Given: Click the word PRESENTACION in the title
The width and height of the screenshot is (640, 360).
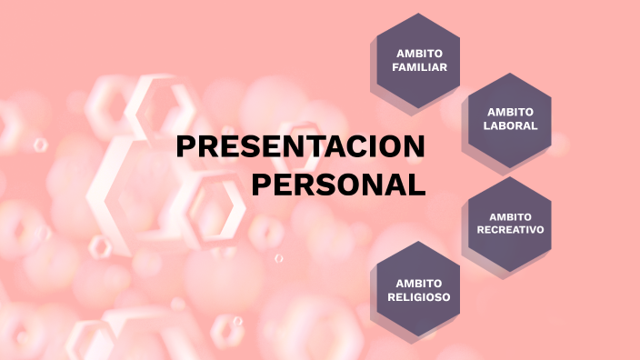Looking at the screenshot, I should pos(300,148).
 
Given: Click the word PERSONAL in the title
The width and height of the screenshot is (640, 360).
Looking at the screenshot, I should pos(338,185).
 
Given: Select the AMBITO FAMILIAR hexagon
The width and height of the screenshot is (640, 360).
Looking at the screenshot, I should pos(419,61).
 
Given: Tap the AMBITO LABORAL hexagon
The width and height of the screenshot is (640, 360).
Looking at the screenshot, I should pos(511,119).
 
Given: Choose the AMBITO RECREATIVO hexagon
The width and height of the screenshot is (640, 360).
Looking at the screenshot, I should pos(510,224).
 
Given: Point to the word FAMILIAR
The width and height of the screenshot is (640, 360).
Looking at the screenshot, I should pos(419,68).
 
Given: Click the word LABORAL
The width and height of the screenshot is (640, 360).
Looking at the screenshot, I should pos(511,126).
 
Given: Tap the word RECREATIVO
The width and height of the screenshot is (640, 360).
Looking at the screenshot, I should pos(510,230).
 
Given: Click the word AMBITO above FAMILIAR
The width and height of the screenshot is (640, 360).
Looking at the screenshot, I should pos(419,54).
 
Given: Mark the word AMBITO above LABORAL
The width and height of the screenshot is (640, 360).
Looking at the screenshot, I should pos(511,112).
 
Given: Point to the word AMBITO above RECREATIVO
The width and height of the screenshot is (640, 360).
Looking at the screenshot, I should pos(510,216).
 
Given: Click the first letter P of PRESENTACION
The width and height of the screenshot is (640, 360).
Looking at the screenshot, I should pos(185,148).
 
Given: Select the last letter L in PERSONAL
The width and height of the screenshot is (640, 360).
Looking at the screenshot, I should pos(417,185).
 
